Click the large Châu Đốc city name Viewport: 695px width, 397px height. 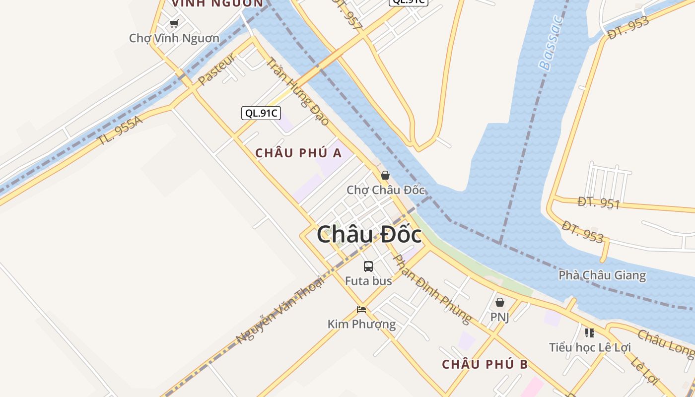(x=369, y=235)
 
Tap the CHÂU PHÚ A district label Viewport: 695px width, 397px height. (x=298, y=153)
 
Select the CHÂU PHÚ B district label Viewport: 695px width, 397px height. (x=485, y=364)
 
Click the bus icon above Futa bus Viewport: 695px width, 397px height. (x=368, y=266)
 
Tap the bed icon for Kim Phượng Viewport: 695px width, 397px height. (x=361, y=310)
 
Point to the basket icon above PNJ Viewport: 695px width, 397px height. (x=500, y=302)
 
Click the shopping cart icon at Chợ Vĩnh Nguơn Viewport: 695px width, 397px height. (x=174, y=23)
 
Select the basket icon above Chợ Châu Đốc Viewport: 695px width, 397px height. (x=385, y=175)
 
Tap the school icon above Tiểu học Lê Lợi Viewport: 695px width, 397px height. (x=589, y=332)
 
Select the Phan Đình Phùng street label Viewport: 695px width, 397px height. (x=432, y=289)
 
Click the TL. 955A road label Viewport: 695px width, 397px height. (x=120, y=131)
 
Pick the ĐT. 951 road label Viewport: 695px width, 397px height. (x=599, y=202)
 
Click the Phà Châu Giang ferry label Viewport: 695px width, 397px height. (x=602, y=275)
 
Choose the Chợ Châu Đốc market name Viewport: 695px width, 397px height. (x=386, y=190)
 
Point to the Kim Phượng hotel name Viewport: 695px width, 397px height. (x=361, y=324)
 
